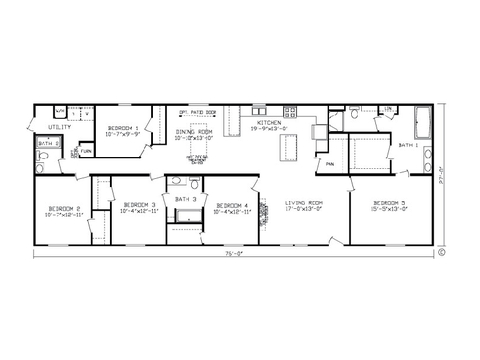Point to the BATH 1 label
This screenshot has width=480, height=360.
[408, 145]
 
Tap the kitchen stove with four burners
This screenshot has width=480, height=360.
[287, 108]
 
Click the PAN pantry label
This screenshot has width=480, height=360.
[327, 163]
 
